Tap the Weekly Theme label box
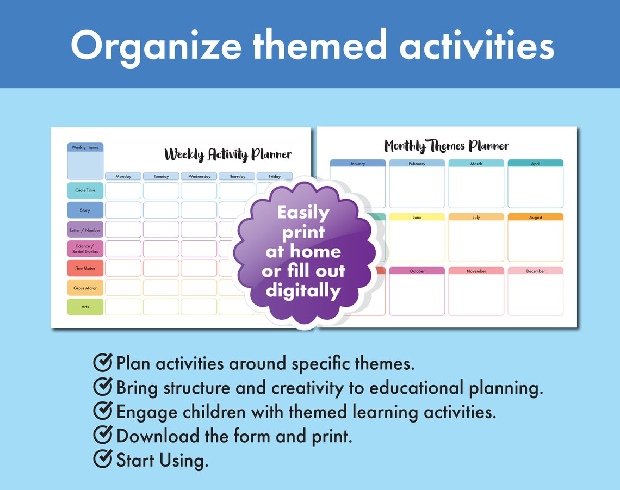pyautogui.click(x=85, y=147)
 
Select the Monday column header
pyautogui.click(x=123, y=176)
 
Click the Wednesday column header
pyautogui.click(x=199, y=176)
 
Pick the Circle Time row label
pyautogui.click(x=85, y=190)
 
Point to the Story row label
pyautogui.click(x=85, y=210)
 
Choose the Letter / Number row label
pyautogui.click(x=85, y=230)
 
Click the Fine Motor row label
pyautogui.click(x=85, y=268)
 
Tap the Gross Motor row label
pyautogui.click(x=85, y=288)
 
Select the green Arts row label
pyautogui.click(x=85, y=307)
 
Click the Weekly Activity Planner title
pyautogui.click(x=228, y=155)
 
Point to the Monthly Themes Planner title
pyautogui.click(x=447, y=146)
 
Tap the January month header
pyautogui.click(x=358, y=164)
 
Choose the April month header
pyautogui.click(x=536, y=163)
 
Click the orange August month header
pyautogui.click(x=536, y=217)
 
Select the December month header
pyautogui.click(x=536, y=271)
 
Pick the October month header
pyautogui.click(x=417, y=271)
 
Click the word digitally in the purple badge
pyautogui.click(x=303, y=291)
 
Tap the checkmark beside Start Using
pyautogui.click(x=103, y=459)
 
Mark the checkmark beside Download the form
pyautogui.click(x=103, y=435)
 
